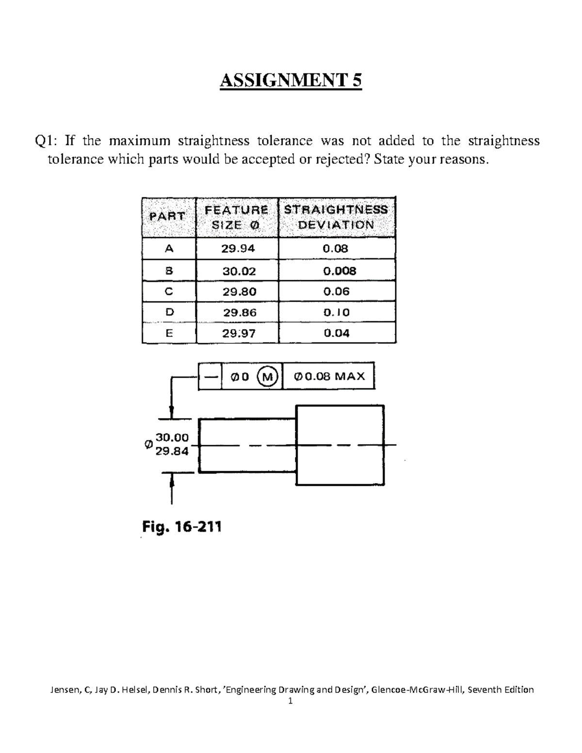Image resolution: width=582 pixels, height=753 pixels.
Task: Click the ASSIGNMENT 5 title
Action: [x=291, y=80]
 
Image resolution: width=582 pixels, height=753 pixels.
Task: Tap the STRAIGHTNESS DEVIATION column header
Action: [x=336, y=217]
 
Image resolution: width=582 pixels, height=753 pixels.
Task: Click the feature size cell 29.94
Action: [x=238, y=249]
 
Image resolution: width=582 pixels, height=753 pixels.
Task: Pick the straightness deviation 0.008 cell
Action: [x=339, y=271]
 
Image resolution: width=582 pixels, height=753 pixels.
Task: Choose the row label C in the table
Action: [x=169, y=292]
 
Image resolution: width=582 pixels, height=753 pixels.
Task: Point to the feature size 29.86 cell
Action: [x=240, y=313]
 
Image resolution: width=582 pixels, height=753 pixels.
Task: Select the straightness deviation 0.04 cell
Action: [x=336, y=334]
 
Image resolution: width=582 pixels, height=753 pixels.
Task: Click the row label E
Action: [x=169, y=334]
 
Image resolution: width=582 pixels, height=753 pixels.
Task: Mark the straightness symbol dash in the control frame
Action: [x=210, y=376]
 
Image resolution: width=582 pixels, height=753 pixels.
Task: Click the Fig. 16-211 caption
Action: [x=181, y=527]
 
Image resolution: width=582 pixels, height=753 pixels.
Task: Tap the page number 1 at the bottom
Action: [x=291, y=701]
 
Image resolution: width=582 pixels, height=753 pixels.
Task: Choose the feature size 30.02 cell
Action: [x=239, y=271]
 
